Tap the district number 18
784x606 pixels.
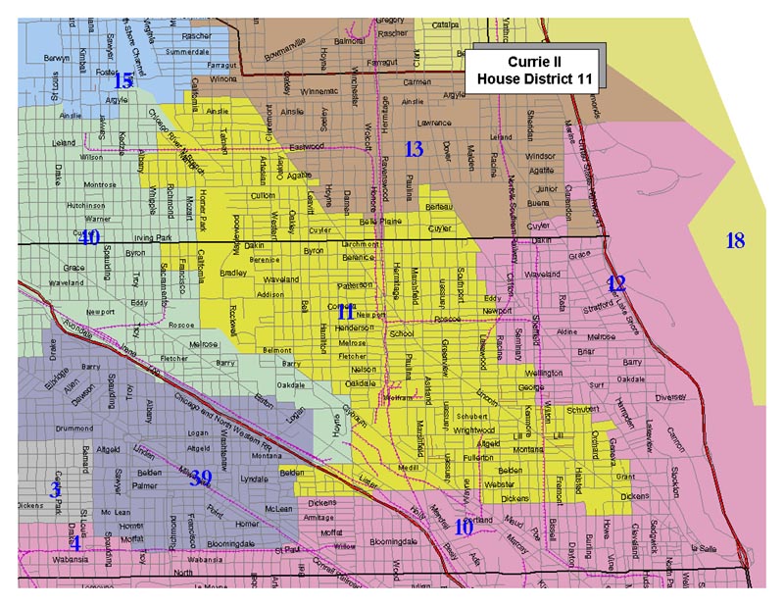coord(735,240)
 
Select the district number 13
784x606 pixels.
coord(415,149)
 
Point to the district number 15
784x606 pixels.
coord(122,80)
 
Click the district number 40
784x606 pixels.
coord(89,238)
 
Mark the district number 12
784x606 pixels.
coord(615,284)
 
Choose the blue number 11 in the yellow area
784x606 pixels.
coord(346,312)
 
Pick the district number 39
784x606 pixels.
coord(201,478)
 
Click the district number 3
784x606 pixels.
coord(56,489)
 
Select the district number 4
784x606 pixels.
coord(74,542)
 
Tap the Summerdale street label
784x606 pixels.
coord(187,51)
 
